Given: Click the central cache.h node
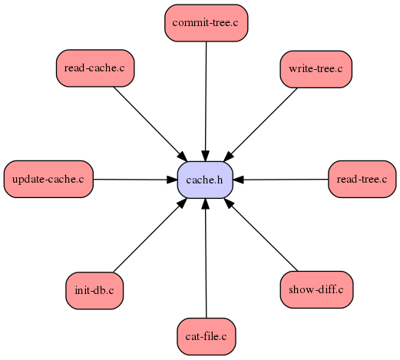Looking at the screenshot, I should pyautogui.click(x=205, y=180).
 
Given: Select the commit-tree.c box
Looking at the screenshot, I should pyautogui.click(x=205, y=22).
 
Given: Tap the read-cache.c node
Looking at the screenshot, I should pyautogui.click(x=94, y=68).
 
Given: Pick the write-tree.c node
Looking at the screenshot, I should pyautogui.click(x=316, y=69).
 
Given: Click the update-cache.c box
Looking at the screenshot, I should pyautogui.click(x=48, y=180).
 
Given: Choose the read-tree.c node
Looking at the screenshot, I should pyautogui.click(x=362, y=180).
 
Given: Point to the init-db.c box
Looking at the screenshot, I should pyautogui.click(x=94, y=291).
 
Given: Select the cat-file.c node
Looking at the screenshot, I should pyautogui.click(x=206, y=336).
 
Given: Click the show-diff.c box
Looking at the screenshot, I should pyautogui.click(x=316, y=291).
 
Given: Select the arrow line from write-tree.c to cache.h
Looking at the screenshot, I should pyautogui.click(x=265, y=120).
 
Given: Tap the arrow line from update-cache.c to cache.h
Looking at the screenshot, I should pyautogui.click(x=131, y=180).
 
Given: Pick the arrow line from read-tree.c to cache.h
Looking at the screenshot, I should pyautogui.click(x=284, y=180).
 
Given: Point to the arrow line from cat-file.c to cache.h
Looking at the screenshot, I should pyautogui.click(x=206, y=261).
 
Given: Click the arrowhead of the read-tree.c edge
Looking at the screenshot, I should pyautogui.click(x=239, y=180).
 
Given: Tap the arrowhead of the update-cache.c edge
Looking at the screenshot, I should pyautogui.click(x=172, y=180).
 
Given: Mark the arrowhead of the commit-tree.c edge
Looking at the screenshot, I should pyautogui.click(x=205, y=156).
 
